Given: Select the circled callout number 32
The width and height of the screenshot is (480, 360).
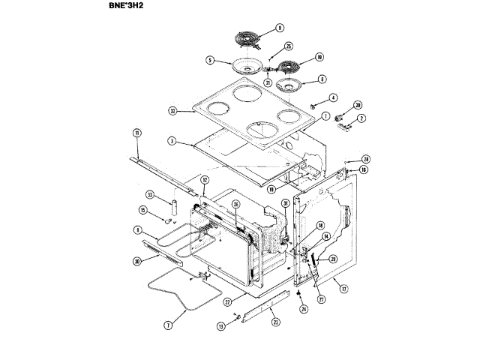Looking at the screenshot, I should coord(172,112).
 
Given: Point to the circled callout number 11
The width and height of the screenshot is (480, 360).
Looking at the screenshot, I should coord(137,133).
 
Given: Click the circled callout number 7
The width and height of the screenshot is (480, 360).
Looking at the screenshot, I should coord(168,325).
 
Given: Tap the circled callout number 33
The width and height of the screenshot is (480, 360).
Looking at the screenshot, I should coord(151,195).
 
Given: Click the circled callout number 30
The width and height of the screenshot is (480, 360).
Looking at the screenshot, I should coord(136,261).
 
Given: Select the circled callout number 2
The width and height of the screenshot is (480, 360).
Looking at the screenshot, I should coord(361,118).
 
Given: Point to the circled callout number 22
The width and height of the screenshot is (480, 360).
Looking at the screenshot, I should coord(226,301).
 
